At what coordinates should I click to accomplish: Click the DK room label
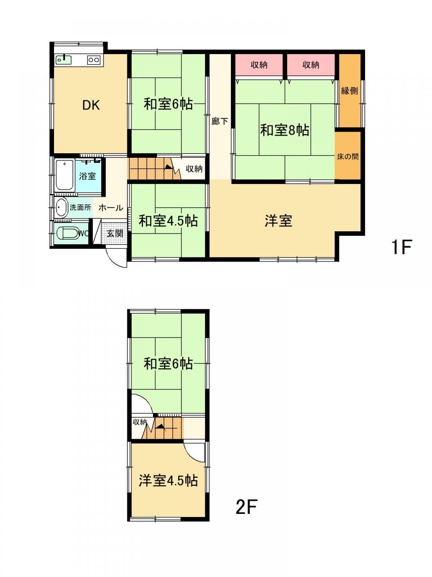tap(91, 105)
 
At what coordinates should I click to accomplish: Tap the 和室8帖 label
tap(284, 130)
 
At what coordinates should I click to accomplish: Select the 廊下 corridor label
tap(220, 121)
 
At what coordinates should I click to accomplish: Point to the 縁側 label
tap(349, 91)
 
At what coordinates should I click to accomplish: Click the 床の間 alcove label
tap(348, 157)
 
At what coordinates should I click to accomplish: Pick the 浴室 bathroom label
tap(87, 176)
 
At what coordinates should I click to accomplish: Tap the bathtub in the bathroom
tap(64, 175)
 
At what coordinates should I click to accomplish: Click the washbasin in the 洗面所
tap(62, 207)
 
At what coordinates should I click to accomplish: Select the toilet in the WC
tap(67, 233)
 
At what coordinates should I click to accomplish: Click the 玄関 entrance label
tap(115, 233)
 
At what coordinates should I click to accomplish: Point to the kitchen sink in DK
tap(63, 60)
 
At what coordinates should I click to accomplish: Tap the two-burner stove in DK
tap(94, 60)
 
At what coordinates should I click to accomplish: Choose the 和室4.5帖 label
tap(168, 220)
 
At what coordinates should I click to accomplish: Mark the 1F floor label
tap(401, 247)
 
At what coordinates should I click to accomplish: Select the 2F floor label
tap(246, 507)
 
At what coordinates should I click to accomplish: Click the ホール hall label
tap(111, 208)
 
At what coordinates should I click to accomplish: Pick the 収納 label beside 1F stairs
tap(194, 169)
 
